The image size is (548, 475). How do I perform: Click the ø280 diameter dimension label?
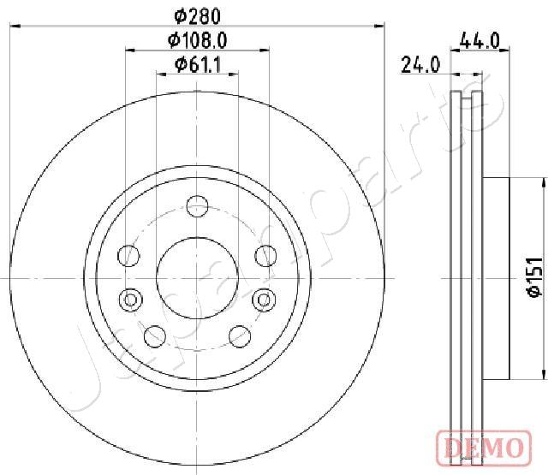(x=198, y=16)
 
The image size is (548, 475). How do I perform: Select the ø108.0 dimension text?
(x=198, y=40)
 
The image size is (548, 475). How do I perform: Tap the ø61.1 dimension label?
(x=198, y=64)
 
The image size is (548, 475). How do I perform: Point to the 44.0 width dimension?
(x=479, y=40)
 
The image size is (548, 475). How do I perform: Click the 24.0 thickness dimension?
(x=420, y=64)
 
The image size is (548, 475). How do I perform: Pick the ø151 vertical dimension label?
(x=535, y=277)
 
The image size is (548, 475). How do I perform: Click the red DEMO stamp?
(x=485, y=448)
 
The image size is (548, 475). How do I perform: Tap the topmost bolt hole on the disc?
(x=197, y=206)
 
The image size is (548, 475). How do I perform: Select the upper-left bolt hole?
(x=128, y=256)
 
